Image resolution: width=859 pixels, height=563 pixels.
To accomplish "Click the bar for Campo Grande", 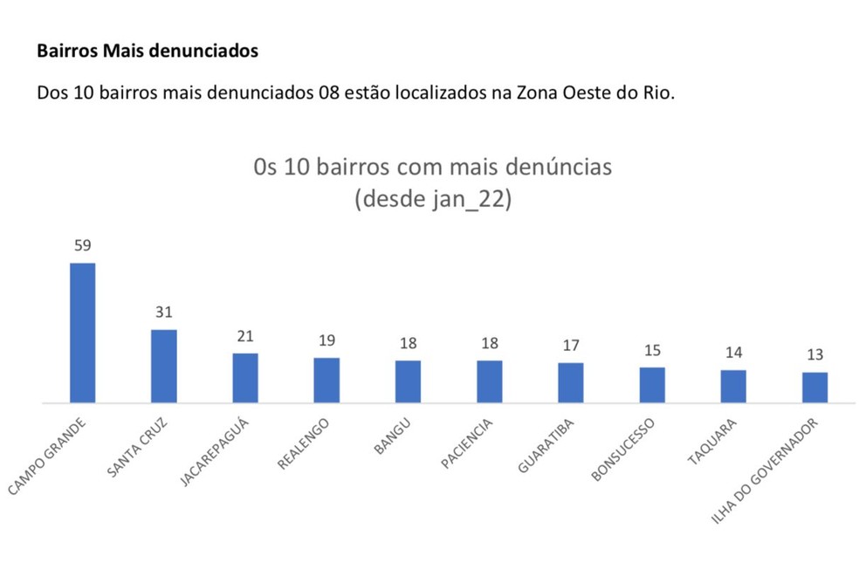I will [82, 333].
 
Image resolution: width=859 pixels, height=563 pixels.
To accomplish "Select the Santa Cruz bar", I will [164, 366].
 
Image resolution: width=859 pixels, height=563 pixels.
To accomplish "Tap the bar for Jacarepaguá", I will [245, 378].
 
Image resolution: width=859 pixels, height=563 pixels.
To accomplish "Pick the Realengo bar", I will [326, 381].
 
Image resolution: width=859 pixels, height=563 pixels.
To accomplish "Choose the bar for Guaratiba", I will [571, 382].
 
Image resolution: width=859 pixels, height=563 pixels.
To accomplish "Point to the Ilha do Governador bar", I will [815, 388].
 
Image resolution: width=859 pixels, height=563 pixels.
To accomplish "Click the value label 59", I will [82, 245].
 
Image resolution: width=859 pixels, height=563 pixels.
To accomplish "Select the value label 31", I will [164, 312].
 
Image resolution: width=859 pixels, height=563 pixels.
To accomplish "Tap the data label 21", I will [245, 336].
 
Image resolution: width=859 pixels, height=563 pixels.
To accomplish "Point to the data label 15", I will [652, 350].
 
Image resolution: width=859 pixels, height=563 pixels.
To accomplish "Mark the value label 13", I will [815, 355].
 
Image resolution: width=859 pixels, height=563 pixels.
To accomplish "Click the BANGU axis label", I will [392, 436].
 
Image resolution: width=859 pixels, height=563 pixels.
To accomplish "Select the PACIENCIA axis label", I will [467, 443].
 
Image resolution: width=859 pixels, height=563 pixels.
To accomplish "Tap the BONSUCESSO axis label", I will [622, 450].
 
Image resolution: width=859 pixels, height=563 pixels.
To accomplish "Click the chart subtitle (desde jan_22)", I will [432, 199].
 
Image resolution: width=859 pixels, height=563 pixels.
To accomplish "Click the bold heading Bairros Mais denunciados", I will [148, 51].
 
